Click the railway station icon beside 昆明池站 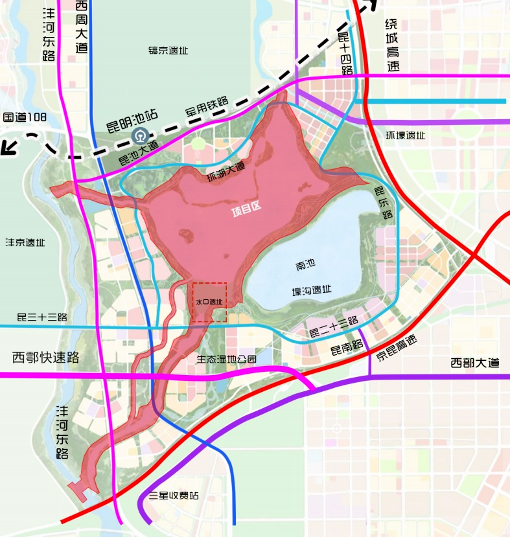tap(138, 135)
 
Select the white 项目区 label tap(246, 209)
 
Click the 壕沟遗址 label tap(312, 290)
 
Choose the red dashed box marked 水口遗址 tap(209, 302)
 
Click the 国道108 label tap(25, 117)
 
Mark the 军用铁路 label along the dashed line tap(207, 106)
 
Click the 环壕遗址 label tap(405, 135)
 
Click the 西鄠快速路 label tap(45, 357)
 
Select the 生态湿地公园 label tap(226, 359)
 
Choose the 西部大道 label tap(475, 363)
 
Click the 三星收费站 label tap(174, 496)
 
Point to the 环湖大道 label tap(226, 174)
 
